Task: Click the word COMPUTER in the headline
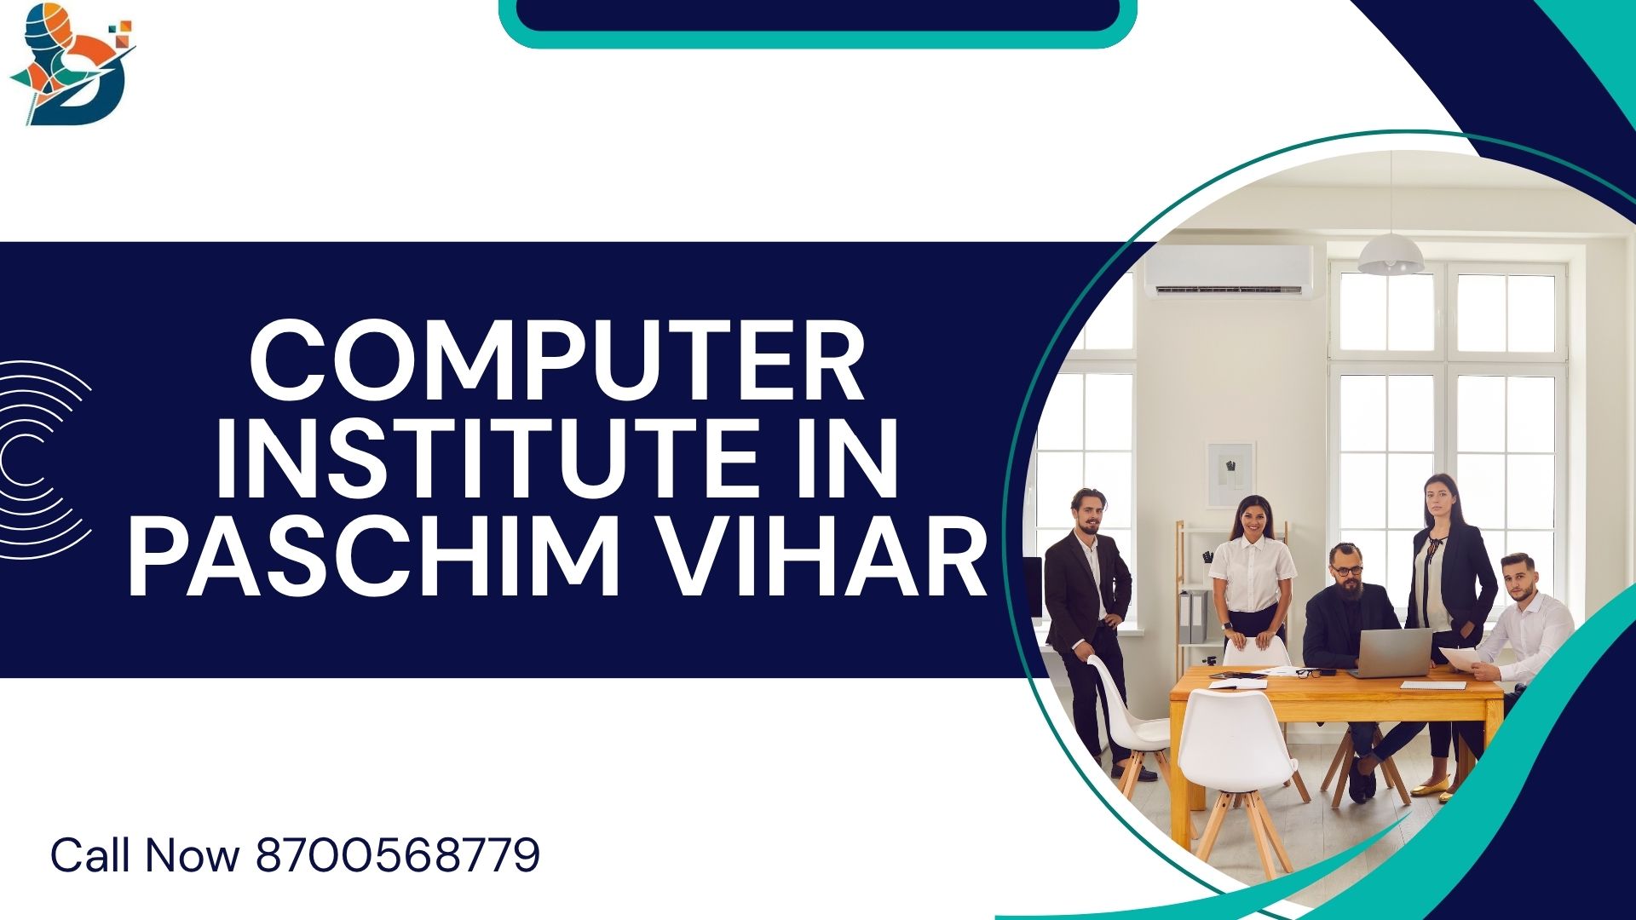558,360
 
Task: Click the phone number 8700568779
398,854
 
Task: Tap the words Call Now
145,854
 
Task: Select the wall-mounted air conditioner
1229,271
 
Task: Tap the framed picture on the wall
1230,475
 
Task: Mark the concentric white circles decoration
43,460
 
